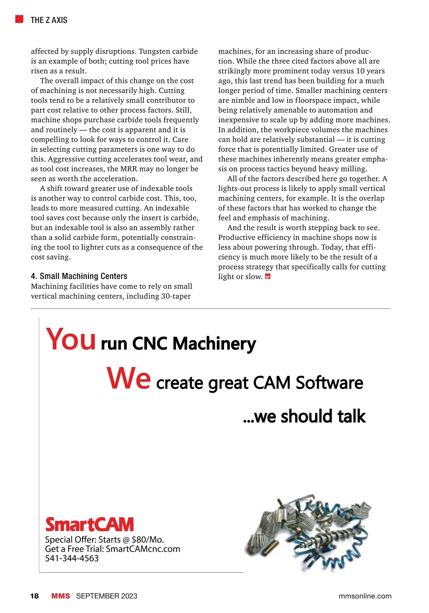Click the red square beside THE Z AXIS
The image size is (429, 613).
point(19,19)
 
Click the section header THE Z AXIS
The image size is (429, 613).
point(49,20)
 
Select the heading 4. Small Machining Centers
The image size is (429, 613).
point(79,276)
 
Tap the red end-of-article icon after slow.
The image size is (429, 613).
point(267,276)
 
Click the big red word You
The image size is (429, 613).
point(71,339)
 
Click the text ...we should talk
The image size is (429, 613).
point(304,416)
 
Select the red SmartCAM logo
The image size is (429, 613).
point(89,524)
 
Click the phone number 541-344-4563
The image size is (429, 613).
point(72,558)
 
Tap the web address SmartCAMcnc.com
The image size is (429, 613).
point(143,549)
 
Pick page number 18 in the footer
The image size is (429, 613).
point(34,596)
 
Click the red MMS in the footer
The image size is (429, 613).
point(61,596)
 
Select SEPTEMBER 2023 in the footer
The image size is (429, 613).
point(107,596)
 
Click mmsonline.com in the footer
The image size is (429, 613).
point(365,596)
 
